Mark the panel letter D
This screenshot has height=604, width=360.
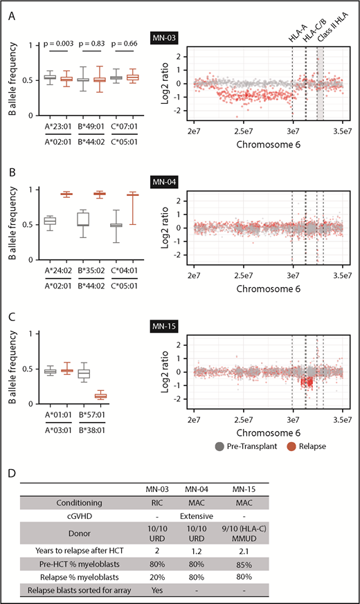[12, 454]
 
